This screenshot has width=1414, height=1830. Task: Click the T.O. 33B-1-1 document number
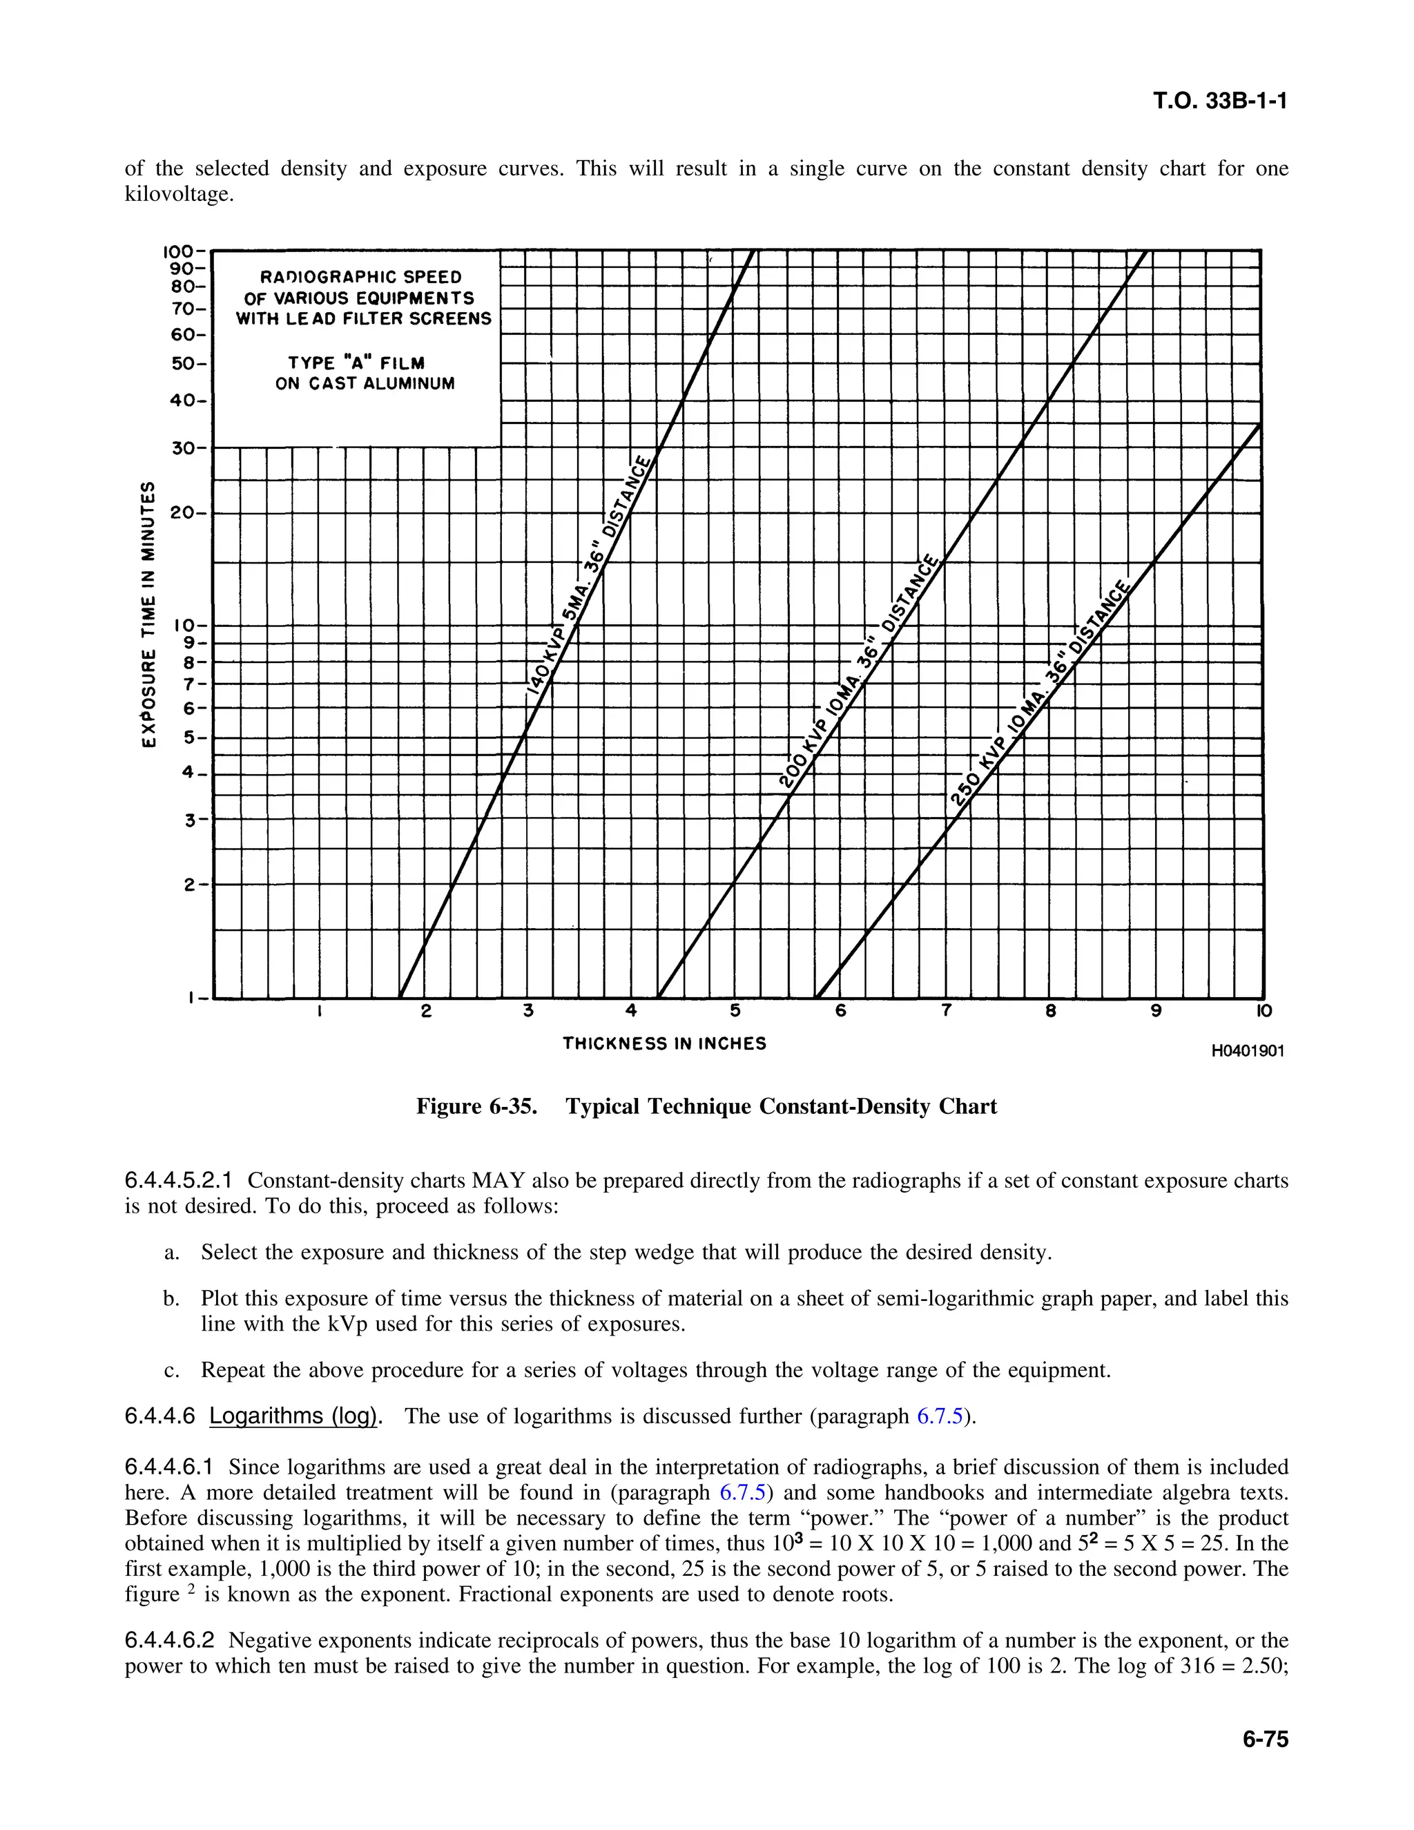coord(1220,102)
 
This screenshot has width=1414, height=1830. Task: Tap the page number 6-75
coord(1265,1739)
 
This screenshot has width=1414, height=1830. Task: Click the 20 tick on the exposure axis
coord(182,513)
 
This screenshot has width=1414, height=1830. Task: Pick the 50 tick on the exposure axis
coord(182,365)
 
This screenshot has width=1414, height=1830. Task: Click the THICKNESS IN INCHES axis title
coord(664,1044)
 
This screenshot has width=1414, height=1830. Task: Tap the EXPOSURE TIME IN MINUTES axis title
coord(148,616)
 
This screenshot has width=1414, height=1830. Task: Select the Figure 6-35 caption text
coord(706,1107)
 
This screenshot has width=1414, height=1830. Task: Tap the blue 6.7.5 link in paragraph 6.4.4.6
coord(939,1417)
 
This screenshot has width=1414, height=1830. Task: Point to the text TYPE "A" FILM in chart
coord(356,363)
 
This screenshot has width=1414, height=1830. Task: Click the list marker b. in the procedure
coord(172,1299)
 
